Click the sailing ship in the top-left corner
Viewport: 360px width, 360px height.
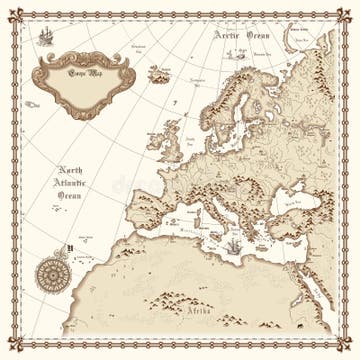click(45, 38)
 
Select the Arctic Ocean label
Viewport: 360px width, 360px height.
click(243, 35)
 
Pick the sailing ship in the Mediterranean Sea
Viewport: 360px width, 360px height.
click(231, 245)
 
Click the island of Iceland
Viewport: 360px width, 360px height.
click(158, 73)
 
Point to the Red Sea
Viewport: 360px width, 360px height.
click(312, 290)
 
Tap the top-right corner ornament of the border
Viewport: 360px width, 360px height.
click(345, 15)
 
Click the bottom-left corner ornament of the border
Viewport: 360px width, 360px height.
click(15, 345)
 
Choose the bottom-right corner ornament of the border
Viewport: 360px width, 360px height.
click(345, 345)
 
